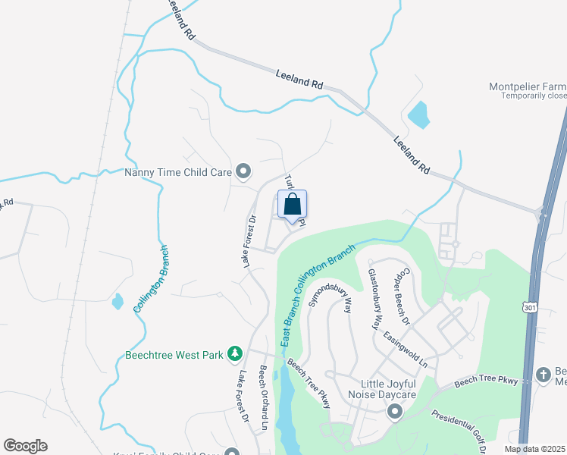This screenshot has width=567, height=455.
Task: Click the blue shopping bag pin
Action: coord(293,205)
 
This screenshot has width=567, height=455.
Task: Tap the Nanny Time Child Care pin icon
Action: coord(243,172)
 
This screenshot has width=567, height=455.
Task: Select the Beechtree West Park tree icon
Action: coord(236,353)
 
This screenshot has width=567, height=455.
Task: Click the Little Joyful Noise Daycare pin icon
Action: coord(394,412)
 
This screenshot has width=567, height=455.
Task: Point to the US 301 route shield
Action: coord(525,304)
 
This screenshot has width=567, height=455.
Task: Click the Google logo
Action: coord(25,446)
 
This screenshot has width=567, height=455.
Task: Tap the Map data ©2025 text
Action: coord(534,449)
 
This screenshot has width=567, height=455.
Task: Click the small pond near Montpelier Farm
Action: coord(418,115)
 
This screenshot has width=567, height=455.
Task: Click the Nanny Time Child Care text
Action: coord(177,172)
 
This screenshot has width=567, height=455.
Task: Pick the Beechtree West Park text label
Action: coord(175,354)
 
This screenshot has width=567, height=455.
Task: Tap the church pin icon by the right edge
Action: coord(543,374)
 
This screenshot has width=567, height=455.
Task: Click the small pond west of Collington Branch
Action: coord(117,302)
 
